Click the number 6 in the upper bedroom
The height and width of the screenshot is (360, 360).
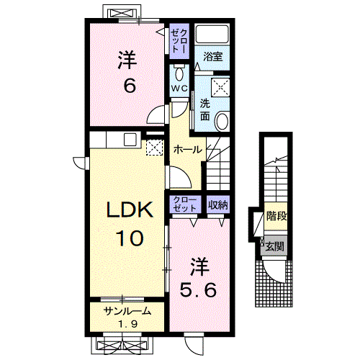(x=130, y=86)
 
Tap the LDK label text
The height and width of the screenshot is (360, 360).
(x=130, y=210)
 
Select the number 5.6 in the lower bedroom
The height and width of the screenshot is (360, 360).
(x=198, y=289)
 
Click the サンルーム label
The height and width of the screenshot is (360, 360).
(x=127, y=311)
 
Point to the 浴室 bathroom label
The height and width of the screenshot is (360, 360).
(x=213, y=57)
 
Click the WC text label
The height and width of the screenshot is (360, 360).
(x=179, y=89)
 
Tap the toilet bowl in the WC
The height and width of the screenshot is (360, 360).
(x=179, y=74)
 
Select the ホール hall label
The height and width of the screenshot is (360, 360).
(x=188, y=150)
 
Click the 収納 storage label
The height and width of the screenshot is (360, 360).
(x=217, y=204)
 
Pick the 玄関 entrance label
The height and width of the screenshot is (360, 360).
(x=274, y=246)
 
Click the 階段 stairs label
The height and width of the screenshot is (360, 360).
(x=276, y=216)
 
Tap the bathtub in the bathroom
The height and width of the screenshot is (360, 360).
(x=212, y=34)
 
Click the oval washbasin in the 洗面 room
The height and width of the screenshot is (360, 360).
(x=222, y=122)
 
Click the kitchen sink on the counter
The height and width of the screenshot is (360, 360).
(x=130, y=140)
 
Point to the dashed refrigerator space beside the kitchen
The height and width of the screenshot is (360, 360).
(x=155, y=148)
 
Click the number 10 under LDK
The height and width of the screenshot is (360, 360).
(x=130, y=238)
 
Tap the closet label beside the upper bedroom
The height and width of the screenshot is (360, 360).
(x=179, y=41)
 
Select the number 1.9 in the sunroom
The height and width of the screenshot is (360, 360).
(x=127, y=325)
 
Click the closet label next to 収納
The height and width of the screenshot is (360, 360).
(x=184, y=204)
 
